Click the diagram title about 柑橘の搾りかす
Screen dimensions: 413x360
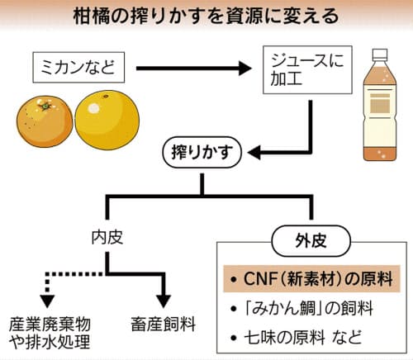(206, 17)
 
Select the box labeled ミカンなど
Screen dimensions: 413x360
(78, 68)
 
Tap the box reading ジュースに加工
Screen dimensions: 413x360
(307, 70)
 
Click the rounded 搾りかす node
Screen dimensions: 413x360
(202, 152)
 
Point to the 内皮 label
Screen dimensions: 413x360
(107, 238)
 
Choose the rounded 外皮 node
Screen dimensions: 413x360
(311, 241)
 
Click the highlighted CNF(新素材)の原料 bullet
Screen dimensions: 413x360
(311, 278)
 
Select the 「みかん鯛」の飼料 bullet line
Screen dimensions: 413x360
(302, 308)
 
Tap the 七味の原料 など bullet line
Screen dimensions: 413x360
(296, 337)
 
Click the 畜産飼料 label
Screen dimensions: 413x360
(164, 324)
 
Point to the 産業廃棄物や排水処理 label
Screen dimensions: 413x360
(50, 334)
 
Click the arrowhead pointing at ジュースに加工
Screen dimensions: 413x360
(244, 69)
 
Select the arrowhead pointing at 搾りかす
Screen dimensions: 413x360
(254, 153)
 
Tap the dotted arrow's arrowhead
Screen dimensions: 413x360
(47, 301)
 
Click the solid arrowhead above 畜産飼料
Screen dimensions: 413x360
(164, 301)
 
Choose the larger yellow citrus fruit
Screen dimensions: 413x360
(107, 121)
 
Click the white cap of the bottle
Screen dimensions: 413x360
(380, 54)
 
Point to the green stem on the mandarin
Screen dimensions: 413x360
(45, 106)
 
